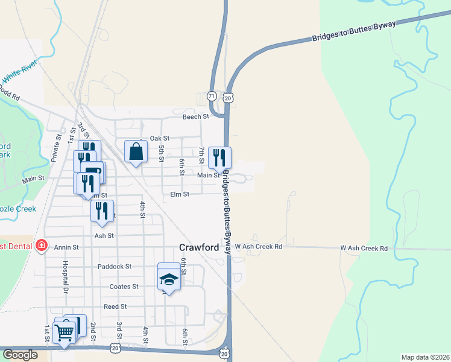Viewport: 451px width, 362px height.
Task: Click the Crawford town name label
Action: click(x=200, y=247)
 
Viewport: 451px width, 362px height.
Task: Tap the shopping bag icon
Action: click(x=136, y=151)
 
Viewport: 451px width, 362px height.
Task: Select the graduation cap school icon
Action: click(x=169, y=279)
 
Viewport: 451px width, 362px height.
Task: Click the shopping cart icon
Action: click(x=64, y=331)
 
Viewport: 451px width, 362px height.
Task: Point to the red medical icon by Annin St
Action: click(x=41, y=246)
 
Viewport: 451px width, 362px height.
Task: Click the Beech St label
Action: click(x=196, y=116)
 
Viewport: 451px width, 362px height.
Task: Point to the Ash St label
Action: click(x=104, y=236)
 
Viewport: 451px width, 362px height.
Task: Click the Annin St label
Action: click(x=67, y=247)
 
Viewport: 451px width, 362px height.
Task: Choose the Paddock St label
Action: click(x=114, y=266)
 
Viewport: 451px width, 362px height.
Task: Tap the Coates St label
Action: click(x=124, y=287)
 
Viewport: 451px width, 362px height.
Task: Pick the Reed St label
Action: click(x=114, y=306)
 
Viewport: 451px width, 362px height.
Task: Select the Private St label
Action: click(x=58, y=145)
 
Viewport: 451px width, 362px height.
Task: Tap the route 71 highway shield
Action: click(x=211, y=96)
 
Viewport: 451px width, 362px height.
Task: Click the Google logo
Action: click(x=20, y=355)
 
